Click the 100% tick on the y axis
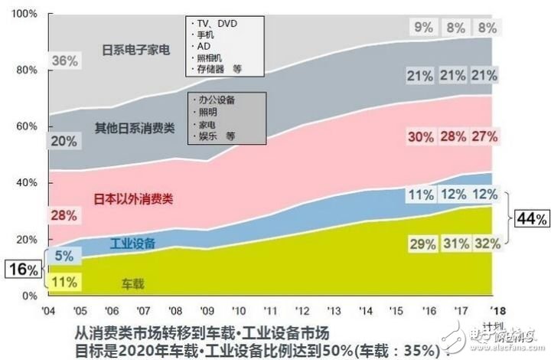click(24, 14)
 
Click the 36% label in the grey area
click(64, 61)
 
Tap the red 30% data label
click(421, 136)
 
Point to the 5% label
click(64, 257)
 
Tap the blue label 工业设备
click(132, 244)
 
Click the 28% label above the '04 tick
click(64, 215)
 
